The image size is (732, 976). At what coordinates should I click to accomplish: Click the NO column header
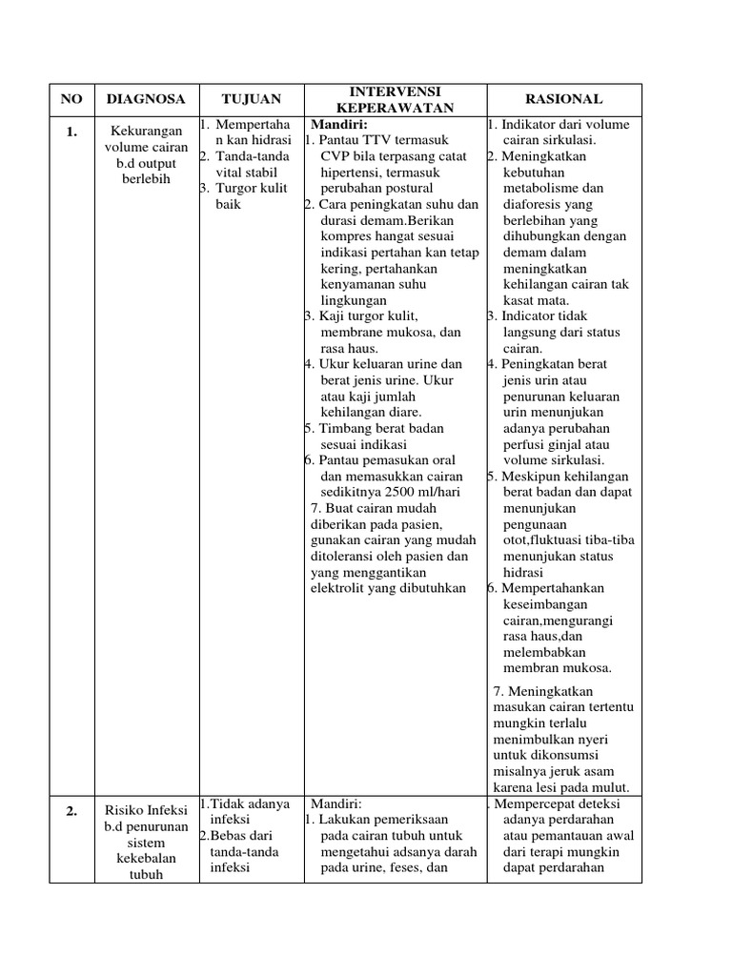click(x=71, y=99)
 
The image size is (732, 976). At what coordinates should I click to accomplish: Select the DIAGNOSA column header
click(x=146, y=99)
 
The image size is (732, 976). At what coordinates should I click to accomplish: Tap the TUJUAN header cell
click(x=251, y=99)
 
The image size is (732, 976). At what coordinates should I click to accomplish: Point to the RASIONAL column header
click(x=564, y=99)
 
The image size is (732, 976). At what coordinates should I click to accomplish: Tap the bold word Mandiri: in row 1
click(x=339, y=125)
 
